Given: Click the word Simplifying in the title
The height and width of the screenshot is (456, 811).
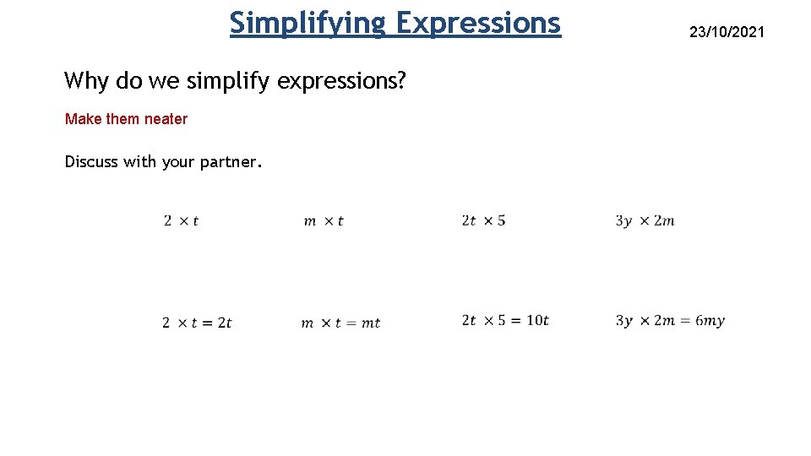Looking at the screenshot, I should pyautogui.click(x=307, y=23).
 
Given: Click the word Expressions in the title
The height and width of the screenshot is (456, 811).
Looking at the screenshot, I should pyautogui.click(x=477, y=23).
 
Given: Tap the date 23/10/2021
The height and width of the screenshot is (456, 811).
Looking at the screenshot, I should pyautogui.click(x=727, y=32).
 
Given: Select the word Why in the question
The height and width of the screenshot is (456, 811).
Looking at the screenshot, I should pyautogui.click(x=84, y=81).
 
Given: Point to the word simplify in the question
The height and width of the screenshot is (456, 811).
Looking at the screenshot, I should pyautogui.click(x=228, y=81).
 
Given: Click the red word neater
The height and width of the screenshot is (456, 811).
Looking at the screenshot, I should pyautogui.click(x=166, y=119).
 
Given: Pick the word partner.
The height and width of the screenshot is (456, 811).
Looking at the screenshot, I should pyautogui.click(x=231, y=162).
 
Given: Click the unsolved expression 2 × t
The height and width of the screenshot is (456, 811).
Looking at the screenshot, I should pyautogui.click(x=182, y=221).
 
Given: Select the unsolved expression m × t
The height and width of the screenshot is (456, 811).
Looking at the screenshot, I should pyautogui.click(x=324, y=221).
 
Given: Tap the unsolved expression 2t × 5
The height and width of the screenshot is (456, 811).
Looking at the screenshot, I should pyautogui.click(x=483, y=220).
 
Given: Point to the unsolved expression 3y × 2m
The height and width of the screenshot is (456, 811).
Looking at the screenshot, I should pyautogui.click(x=645, y=221).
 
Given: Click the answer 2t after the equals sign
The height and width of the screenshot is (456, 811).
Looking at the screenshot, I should pyautogui.click(x=224, y=323).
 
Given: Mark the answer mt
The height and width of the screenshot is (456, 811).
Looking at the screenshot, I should pyautogui.click(x=371, y=323).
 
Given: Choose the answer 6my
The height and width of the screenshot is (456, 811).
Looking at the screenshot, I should pyautogui.click(x=710, y=321).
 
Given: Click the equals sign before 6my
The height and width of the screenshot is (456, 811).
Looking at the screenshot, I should pyautogui.click(x=684, y=321).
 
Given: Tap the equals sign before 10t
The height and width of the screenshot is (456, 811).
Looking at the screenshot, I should pyautogui.click(x=514, y=321).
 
